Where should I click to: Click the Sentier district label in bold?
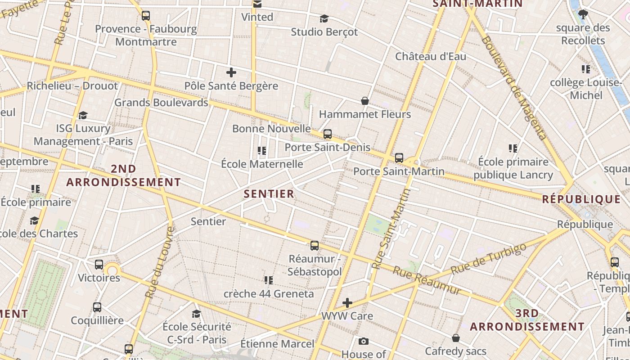point(269,194)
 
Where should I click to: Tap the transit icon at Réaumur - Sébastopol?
point(315,245)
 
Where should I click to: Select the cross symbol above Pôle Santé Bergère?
point(231,72)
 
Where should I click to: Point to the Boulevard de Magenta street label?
point(514,88)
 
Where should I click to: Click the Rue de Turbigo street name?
point(488,259)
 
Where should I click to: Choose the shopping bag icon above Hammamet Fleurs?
point(365,101)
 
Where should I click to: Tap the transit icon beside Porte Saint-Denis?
point(328,134)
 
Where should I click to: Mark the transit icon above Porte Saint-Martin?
point(399,158)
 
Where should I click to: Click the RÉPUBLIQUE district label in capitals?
point(581,199)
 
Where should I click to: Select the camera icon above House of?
point(364,342)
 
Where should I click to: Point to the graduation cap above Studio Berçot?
point(324,18)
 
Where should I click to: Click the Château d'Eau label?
point(431,57)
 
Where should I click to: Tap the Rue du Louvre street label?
point(159,262)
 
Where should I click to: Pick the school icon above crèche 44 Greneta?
point(269,280)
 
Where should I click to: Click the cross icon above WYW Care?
point(347,303)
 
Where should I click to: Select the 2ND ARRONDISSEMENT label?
point(123,175)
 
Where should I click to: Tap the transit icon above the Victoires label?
point(99,265)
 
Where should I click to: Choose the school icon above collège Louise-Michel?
point(585,69)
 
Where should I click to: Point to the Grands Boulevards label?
point(161,103)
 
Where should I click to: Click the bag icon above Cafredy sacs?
point(456,337)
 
